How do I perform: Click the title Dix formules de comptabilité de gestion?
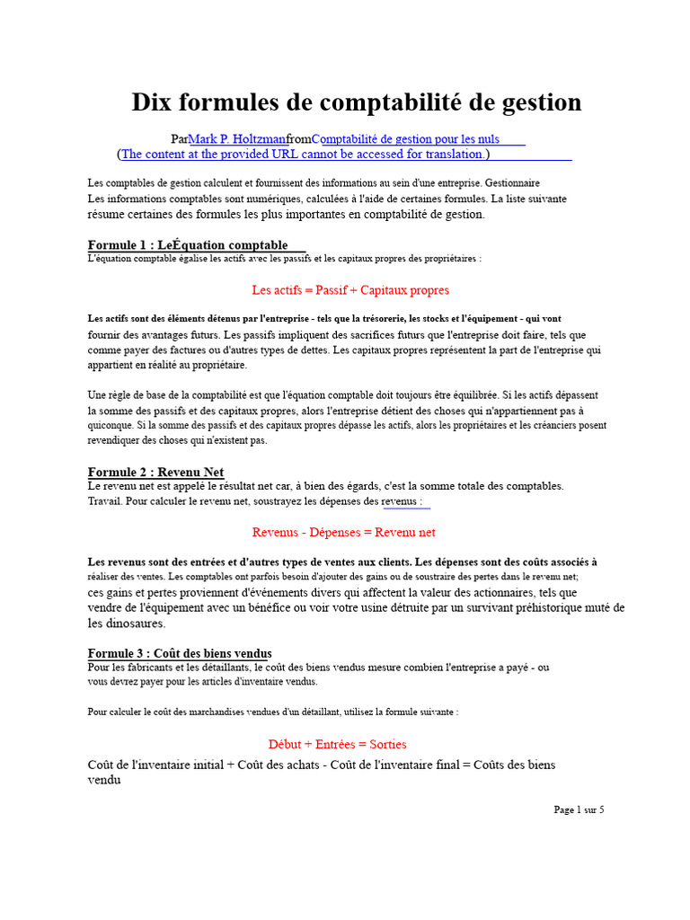pos(356,102)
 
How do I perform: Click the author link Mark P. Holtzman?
pos(237,139)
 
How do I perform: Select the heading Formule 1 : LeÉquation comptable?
pos(188,245)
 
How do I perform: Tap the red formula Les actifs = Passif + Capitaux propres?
pos(350,290)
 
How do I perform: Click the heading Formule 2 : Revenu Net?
pos(155,473)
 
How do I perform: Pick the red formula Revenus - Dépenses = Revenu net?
pos(344,533)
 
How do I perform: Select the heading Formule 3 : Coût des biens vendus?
pos(180,653)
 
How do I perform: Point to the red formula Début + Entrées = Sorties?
pos(338,744)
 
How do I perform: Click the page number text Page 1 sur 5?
pos(579,809)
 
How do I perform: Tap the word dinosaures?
pos(135,624)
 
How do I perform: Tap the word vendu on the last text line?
pos(104,780)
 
